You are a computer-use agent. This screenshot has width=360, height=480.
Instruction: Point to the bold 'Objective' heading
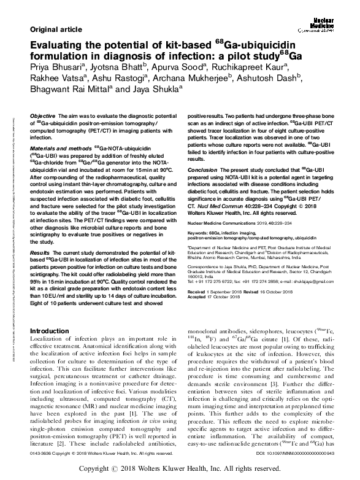[43, 116]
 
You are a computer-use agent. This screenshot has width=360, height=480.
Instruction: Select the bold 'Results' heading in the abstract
[39, 253]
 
